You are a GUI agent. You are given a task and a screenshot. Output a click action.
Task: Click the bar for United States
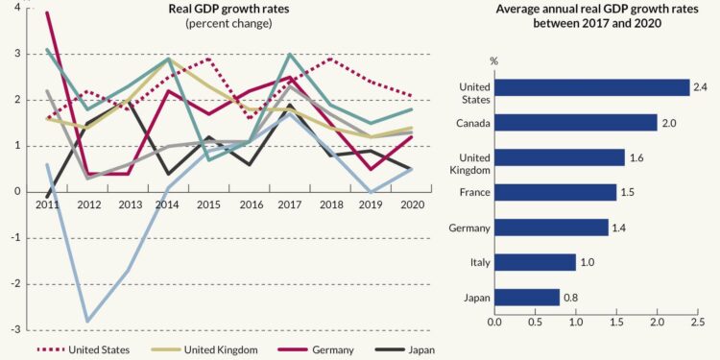click(591, 88)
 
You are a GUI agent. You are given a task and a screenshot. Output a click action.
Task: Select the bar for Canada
click(575, 123)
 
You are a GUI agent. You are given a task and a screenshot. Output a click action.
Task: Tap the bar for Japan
click(526, 298)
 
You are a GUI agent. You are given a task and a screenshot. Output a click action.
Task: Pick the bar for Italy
click(535, 262)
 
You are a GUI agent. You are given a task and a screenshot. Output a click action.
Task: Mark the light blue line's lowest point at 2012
click(87, 321)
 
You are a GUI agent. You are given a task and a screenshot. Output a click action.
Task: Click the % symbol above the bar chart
click(494, 61)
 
